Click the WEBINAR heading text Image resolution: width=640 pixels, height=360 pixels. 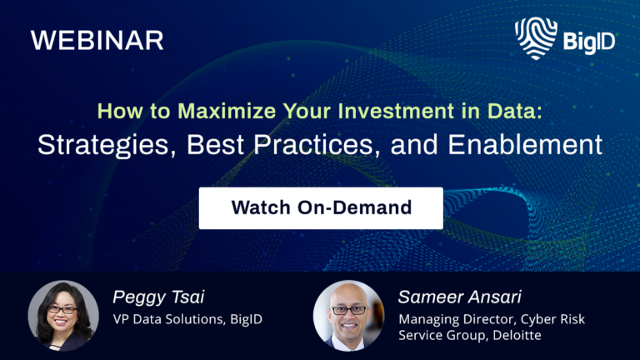coord(97,40)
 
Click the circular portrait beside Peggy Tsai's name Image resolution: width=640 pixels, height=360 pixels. coord(63,315)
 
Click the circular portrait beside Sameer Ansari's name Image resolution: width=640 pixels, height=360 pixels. coord(348,315)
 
